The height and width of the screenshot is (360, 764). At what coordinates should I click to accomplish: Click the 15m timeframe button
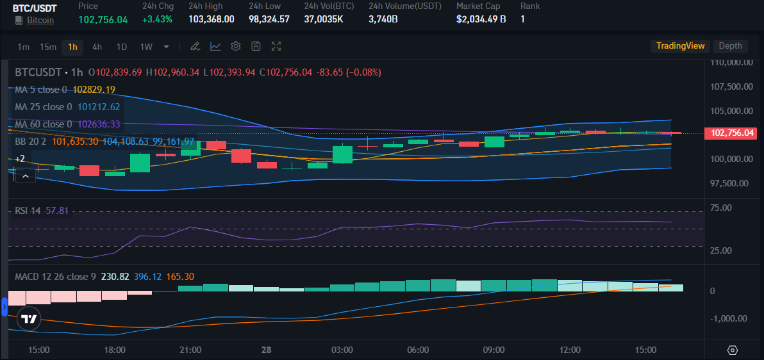coord(48,46)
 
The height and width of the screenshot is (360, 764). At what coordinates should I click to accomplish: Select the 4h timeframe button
coord(97,46)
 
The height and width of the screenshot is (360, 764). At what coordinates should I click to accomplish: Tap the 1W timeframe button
coord(146,46)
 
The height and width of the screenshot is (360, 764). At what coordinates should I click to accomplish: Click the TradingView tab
coord(680,45)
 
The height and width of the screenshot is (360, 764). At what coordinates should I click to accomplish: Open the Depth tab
coord(730,45)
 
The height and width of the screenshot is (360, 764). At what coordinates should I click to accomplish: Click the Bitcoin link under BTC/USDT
coord(40,20)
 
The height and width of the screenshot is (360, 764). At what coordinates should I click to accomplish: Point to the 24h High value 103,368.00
coord(211,19)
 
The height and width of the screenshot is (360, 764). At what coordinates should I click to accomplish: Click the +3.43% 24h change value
coord(158,19)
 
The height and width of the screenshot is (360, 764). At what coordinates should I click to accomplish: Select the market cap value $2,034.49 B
coord(481,19)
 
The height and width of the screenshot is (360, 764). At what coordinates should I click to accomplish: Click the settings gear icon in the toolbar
coord(235,46)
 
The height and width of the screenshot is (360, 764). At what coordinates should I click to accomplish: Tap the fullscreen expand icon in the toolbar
coord(276,46)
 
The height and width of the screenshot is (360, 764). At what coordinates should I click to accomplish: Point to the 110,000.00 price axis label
coord(731,63)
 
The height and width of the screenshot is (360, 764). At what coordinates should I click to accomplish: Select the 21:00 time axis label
coord(190,350)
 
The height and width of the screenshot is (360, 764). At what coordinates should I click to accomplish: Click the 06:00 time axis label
coord(418,350)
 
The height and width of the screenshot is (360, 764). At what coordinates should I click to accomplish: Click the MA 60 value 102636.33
coord(99,124)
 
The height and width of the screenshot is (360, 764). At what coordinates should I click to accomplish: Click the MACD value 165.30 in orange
coord(180,277)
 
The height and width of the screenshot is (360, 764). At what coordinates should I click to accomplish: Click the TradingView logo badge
coord(28,318)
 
